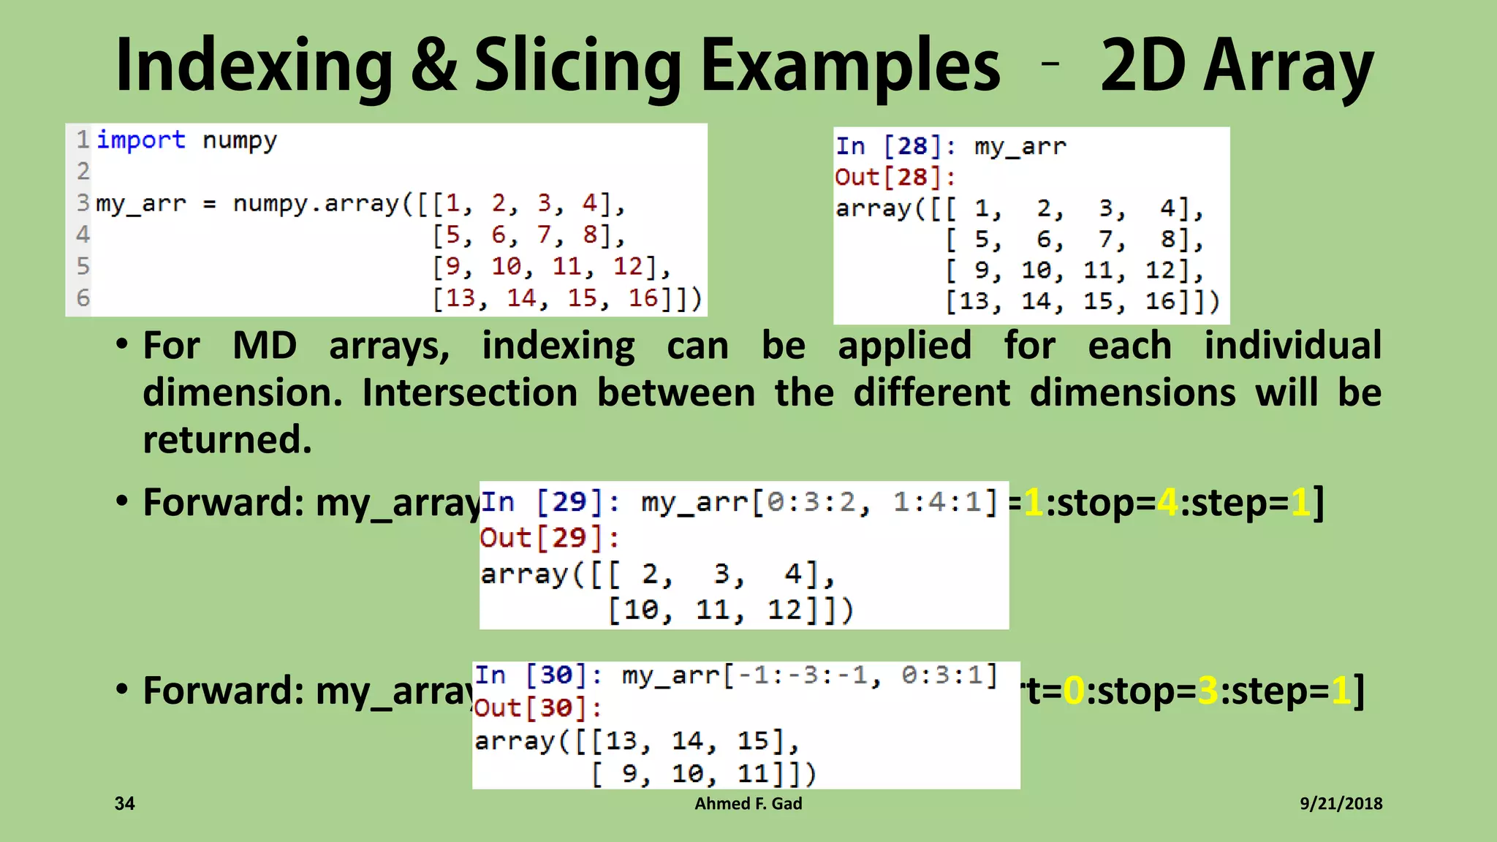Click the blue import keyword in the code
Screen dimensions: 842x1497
(x=141, y=140)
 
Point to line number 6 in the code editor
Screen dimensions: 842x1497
(x=83, y=298)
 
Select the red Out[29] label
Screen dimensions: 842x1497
(x=542, y=538)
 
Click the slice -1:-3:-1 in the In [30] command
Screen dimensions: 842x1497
(x=802, y=675)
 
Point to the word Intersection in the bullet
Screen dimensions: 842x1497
(x=469, y=392)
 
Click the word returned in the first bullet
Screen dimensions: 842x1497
(x=227, y=439)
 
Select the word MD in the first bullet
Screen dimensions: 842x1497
(x=265, y=345)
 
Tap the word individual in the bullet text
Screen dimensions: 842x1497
(x=1292, y=345)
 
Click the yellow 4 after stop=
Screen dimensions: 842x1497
(x=1167, y=503)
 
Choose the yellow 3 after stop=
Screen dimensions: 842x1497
(x=1208, y=691)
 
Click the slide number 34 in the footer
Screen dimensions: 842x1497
(x=125, y=804)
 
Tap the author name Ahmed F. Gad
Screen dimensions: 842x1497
(x=748, y=804)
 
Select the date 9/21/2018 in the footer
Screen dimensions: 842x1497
(x=1341, y=804)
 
